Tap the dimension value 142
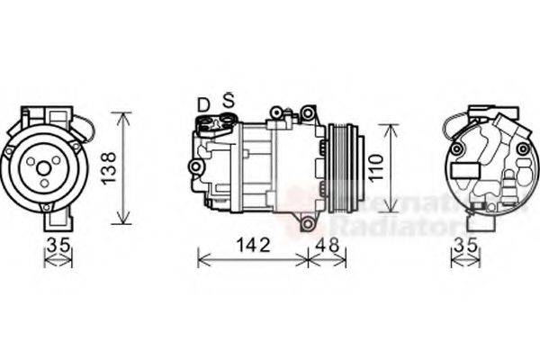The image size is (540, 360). (252, 243)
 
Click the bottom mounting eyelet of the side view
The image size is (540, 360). (309, 223)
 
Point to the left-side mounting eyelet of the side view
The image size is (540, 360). (193, 167)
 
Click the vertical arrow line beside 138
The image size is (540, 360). (123, 168)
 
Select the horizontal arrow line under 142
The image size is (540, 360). (252, 260)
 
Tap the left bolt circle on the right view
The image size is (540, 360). (455, 147)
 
